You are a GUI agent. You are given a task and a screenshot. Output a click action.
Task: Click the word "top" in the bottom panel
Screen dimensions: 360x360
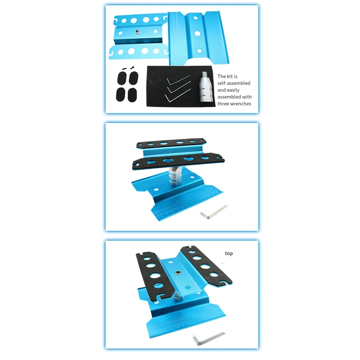pos(229,254)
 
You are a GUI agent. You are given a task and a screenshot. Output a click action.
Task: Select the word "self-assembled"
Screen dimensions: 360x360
pos(234,83)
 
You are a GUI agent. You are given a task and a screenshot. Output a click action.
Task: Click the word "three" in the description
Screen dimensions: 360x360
pos(224,104)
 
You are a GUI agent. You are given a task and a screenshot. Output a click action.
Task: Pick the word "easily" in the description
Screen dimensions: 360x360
pos(239,90)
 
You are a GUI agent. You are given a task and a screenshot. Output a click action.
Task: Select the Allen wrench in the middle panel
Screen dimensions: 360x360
pos(214,211)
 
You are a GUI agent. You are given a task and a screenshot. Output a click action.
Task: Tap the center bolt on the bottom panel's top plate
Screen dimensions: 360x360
pos(178,273)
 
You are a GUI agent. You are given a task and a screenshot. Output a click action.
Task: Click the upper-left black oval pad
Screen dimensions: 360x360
pos(121,77)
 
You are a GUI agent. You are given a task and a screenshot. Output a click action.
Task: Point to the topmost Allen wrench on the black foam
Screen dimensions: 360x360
pos(178,80)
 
